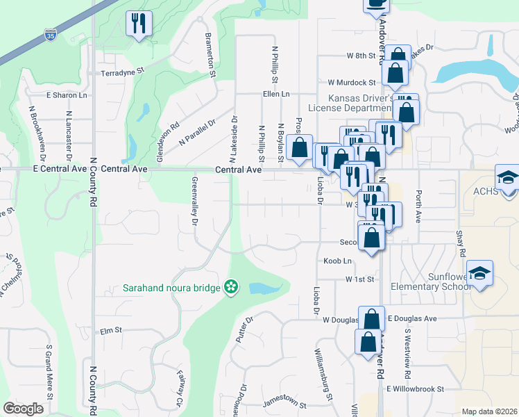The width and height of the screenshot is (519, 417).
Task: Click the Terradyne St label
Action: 121,71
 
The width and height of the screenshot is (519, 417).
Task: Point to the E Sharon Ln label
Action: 67,95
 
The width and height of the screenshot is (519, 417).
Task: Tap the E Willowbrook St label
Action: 415,389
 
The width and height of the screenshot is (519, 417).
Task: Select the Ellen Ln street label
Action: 275,94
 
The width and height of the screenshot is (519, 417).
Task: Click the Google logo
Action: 24,409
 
